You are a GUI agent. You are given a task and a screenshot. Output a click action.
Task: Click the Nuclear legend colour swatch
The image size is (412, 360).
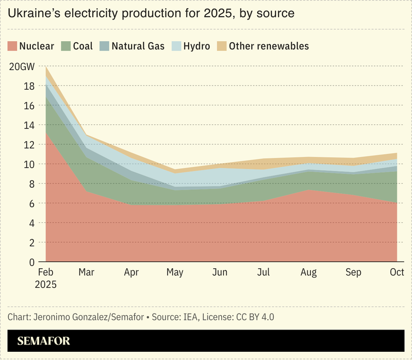click(x=12, y=46)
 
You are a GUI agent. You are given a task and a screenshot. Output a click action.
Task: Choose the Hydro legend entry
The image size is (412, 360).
click(x=197, y=46)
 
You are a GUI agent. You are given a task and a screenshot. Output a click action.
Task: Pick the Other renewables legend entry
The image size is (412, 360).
click(x=269, y=46)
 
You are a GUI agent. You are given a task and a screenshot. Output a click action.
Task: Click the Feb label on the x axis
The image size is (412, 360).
click(x=46, y=272)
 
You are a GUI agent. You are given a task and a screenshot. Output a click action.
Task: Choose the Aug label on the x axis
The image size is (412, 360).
click(x=309, y=272)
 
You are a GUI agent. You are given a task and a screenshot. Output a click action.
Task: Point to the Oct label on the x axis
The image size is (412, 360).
click(x=397, y=272)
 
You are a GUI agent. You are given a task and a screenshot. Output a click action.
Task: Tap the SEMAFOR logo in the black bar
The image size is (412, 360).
click(x=43, y=341)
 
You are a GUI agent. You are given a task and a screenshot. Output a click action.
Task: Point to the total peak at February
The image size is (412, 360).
click(x=46, y=67)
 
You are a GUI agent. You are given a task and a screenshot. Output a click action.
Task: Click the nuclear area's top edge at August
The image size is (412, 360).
click(x=309, y=190)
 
